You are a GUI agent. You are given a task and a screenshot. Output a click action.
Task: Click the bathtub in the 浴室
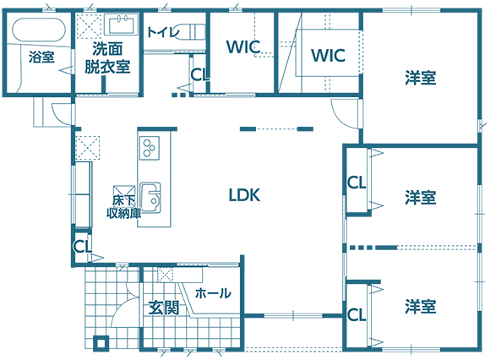[x=39, y=30]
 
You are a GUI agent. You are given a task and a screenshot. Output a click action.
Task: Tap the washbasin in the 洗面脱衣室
[x=122, y=25]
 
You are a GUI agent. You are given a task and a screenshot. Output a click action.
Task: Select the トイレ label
[x=163, y=32]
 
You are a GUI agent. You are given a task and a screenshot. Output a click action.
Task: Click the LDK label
[x=244, y=195]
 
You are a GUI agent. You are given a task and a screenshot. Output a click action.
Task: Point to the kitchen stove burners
[x=149, y=148]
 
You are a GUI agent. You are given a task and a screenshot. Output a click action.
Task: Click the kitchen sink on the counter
[x=150, y=198]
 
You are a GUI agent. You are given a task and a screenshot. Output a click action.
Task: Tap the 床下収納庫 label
[x=123, y=207]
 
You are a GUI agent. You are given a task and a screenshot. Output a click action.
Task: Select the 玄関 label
[x=164, y=308]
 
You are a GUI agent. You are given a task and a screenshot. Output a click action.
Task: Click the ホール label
[x=213, y=293]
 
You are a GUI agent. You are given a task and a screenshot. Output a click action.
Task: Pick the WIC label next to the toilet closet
[x=243, y=46]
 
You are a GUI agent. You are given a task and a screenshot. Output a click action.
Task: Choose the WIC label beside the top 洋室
[x=328, y=55]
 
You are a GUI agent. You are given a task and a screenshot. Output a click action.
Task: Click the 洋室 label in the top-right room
[x=421, y=78]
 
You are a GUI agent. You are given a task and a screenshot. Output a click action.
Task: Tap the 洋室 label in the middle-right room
[x=421, y=198]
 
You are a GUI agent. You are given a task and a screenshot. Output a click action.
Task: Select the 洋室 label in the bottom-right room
[x=421, y=306]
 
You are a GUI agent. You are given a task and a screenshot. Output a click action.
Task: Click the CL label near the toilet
[x=200, y=75]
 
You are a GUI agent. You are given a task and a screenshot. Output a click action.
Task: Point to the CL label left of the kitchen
[x=83, y=247]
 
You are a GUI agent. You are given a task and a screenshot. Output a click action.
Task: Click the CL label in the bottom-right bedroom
[x=357, y=315]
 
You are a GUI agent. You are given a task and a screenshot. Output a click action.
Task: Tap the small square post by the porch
[x=101, y=343]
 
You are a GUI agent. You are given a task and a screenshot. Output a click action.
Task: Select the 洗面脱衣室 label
[x=107, y=57]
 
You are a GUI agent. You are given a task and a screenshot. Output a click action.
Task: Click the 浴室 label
[x=41, y=57]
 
